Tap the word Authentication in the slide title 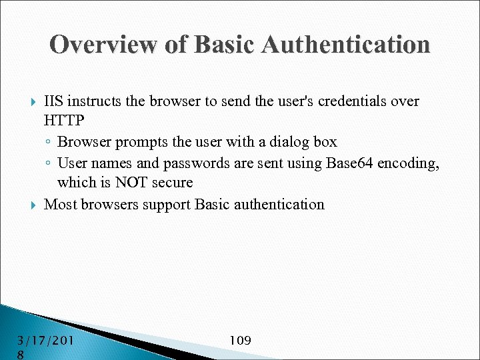pyautogui.click(x=346, y=45)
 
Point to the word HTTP pyautogui.click(x=64, y=121)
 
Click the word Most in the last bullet pyautogui.click(x=61, y=204)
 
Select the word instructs pyautogui.click(x=94, y=101)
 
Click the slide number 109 pyautogui.click(x=240, y=341)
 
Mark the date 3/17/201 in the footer pyautogui.click(x=45, y=341)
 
